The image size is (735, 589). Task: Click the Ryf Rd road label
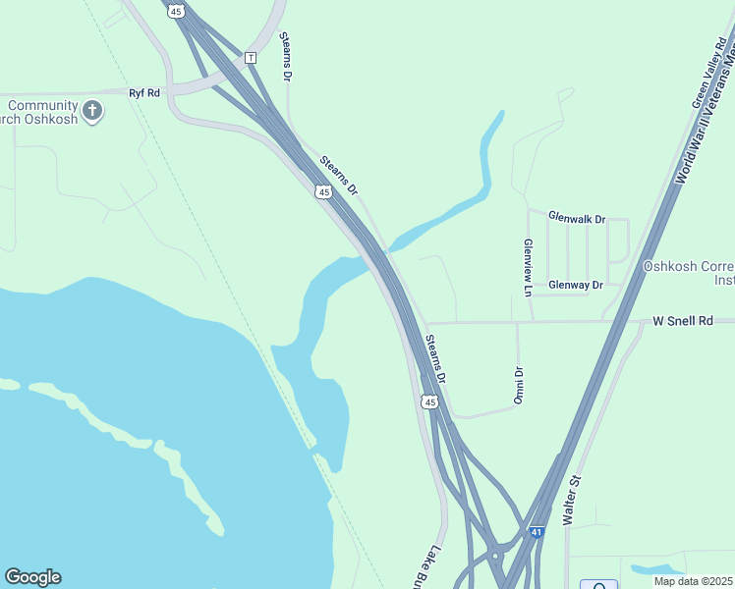(x=143, y=92)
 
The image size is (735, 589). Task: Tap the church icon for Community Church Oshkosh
(x=93, y=110)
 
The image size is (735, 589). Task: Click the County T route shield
(x=251, y=58)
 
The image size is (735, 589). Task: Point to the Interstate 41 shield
(x=536, y=532)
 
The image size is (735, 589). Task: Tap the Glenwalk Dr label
(x=576, y=217)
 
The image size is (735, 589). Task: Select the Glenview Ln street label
(x=528, y=267)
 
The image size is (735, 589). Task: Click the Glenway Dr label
(x=575, y=285)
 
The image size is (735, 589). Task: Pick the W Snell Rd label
(x=682, y=321)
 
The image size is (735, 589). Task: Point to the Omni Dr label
(x=519, y=385)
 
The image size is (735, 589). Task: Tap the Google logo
(x=32, y=576)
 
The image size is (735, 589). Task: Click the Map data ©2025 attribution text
(x=693, y=581)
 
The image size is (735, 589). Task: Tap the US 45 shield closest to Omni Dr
(x=429, y=402)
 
